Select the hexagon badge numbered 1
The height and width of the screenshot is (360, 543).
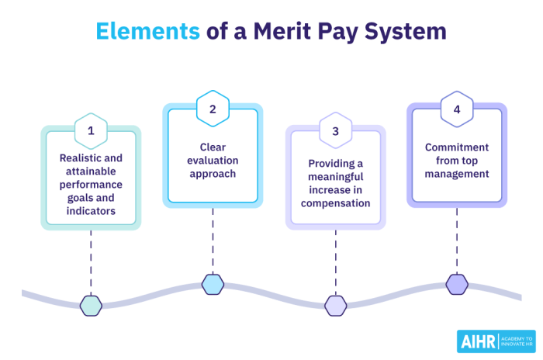coord(91,130)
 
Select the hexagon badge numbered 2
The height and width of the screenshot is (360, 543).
coord(213,109)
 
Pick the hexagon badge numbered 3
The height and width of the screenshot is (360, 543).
coord(335,131)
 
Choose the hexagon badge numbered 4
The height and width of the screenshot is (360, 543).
coord(457,109)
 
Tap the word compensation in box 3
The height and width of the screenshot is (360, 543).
coord(335,203)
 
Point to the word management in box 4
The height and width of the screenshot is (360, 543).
coord(457,174)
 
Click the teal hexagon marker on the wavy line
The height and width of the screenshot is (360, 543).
coord(91,306)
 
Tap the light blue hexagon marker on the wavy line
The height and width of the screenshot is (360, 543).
coord(213,285)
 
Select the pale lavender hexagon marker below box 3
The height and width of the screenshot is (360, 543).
coord(335,306)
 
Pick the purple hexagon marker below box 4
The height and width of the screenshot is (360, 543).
coord(457,285)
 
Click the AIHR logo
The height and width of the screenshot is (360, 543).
coord(495,341)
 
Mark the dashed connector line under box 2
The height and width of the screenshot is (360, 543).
coord(213,241)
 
